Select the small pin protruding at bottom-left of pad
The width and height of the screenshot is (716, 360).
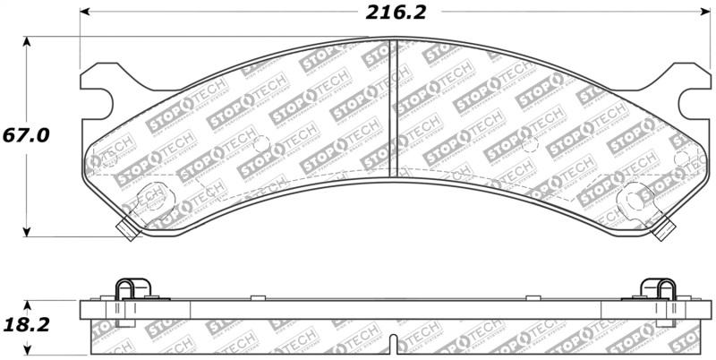[x=128, y=231]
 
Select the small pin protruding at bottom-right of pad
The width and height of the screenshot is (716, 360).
[x=663, y=231]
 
